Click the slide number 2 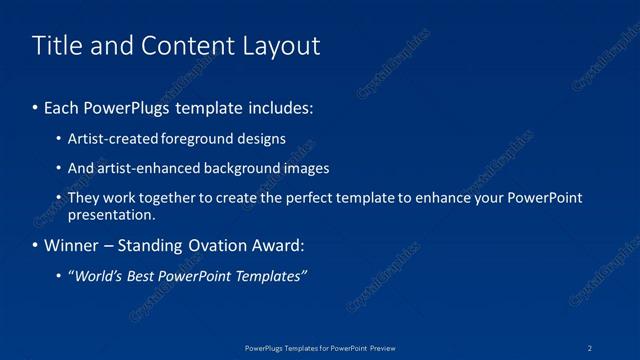[590, 347]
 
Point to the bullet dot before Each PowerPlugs [36, 106]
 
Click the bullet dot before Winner [36, 245]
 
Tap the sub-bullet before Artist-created [60, 139]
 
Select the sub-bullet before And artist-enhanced [60, 169]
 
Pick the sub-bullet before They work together [60, 198]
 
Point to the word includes [281, 106]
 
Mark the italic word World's [98, 275]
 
